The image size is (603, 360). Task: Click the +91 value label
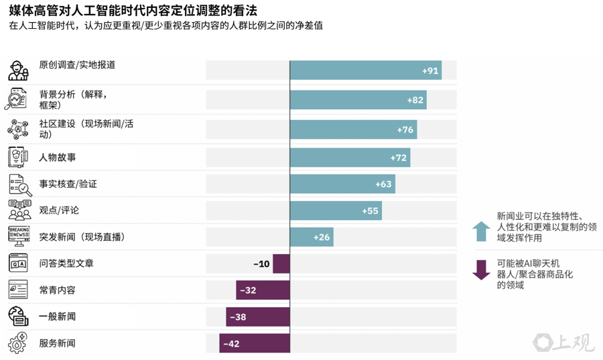pos(430,70)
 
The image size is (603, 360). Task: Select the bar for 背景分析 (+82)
pos(358,100)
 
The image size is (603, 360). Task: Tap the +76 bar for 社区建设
pos(353,129)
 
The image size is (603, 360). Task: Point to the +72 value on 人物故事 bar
pos(399,158)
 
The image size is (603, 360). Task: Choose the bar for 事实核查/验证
pos(342,184)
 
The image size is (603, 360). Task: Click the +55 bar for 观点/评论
pos(326,211)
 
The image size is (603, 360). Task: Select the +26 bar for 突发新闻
pos(312,237)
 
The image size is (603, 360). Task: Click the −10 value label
pos(261,264)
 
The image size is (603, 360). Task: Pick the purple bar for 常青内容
pos(263,290)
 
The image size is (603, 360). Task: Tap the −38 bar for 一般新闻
pos(258,317)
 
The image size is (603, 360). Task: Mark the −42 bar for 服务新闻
pos(255,343)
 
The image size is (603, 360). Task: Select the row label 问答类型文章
pos(66,263)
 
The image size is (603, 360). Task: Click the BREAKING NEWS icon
pos(19,236)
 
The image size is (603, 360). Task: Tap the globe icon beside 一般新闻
pos(19,316)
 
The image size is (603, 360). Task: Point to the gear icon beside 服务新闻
pos(19,343)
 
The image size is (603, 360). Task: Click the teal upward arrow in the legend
pos(481,231)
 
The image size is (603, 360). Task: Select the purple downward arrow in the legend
pos(481,269)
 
